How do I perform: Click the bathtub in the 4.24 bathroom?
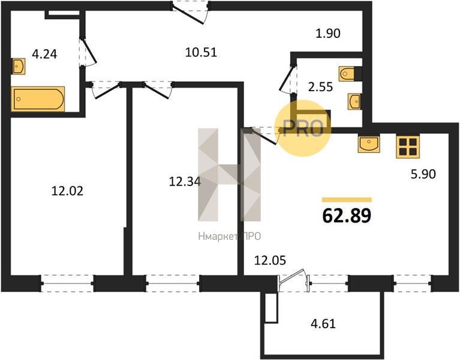(x=38, y=99)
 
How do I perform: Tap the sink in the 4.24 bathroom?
(x=18, y=67)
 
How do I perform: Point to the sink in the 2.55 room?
(x=354, y=101)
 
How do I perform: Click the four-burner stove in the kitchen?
(x=408, y=146)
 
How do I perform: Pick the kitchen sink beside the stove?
(x=369, y=143)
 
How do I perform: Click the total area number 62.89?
(x=347, y=215)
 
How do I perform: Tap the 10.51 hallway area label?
(x=201, y=52)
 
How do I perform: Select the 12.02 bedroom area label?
(x=67, y=191)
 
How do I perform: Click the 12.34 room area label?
(x=185, y=181)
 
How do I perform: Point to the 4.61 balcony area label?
(x=323, y=323)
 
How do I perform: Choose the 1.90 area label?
(x=328, y=34)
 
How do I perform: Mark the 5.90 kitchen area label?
(x=423, y=174)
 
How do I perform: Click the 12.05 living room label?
(x=270, y=260)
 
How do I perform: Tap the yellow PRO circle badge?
(x=303, y=128)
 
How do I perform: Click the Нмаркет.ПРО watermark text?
(x=230, y=236)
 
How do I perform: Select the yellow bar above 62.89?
(x=347, y=200)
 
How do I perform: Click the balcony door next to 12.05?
(x=293, y=280)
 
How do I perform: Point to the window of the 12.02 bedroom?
(x=68, y=283)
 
